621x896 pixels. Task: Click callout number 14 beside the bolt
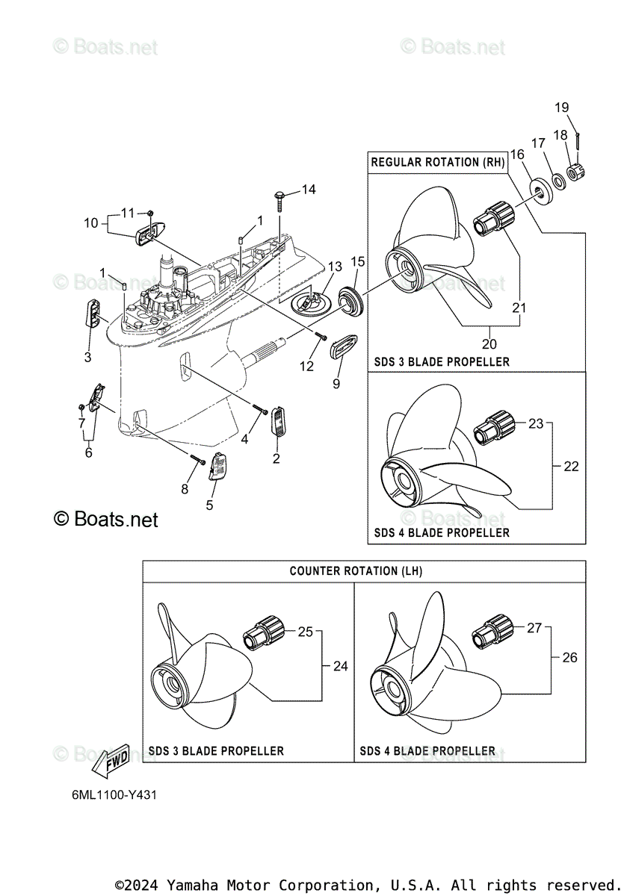click(309, 190)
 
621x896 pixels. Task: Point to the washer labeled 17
click(557, 180)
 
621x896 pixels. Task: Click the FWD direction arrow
click(111, 759)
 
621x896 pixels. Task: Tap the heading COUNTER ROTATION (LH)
click(356, 571)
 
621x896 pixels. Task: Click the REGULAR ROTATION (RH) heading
click(436, 162)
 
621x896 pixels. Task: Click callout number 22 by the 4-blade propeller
click(571, 467)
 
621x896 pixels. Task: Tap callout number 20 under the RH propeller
click(489, 344)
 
